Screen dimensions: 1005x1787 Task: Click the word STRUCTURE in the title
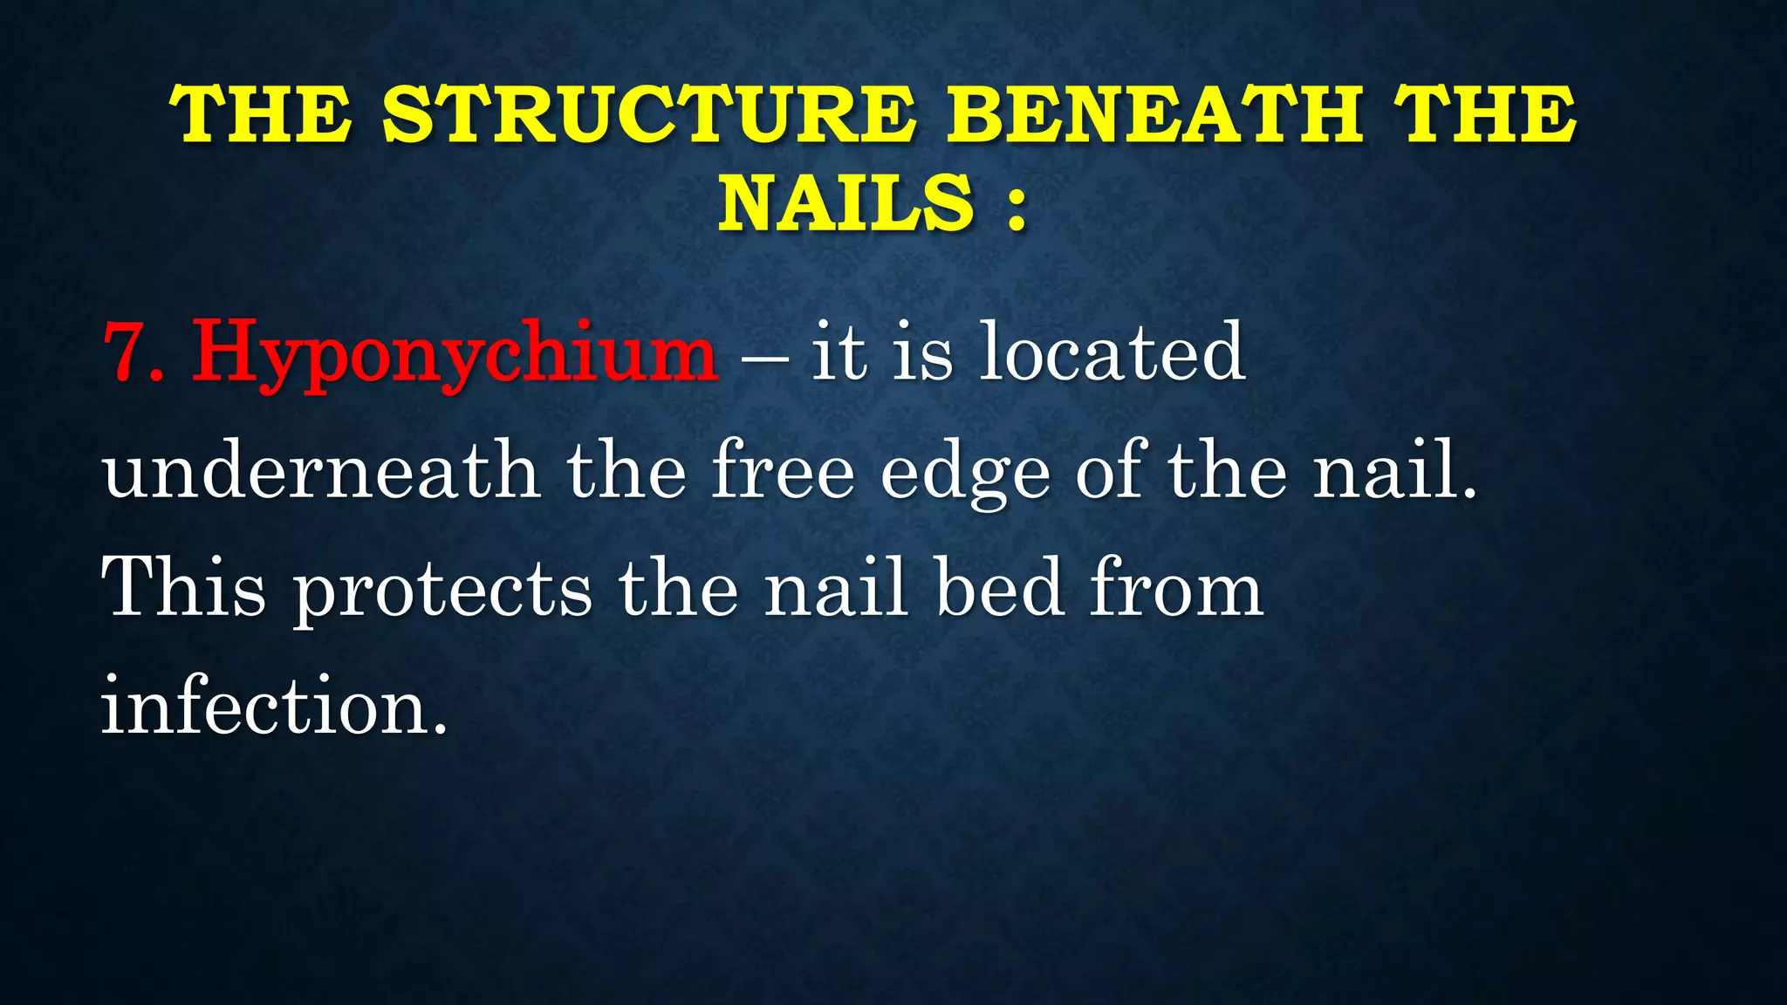[x=650, y=115]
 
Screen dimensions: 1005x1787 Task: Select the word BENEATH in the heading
[x=1156, y=115]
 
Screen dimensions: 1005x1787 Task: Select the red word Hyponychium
[x=455, y=354]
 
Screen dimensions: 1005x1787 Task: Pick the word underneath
[x=321, y=470]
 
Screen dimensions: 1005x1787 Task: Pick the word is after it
[x=922, y=352]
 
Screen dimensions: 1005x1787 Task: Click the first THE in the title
[x=262, y=115]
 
